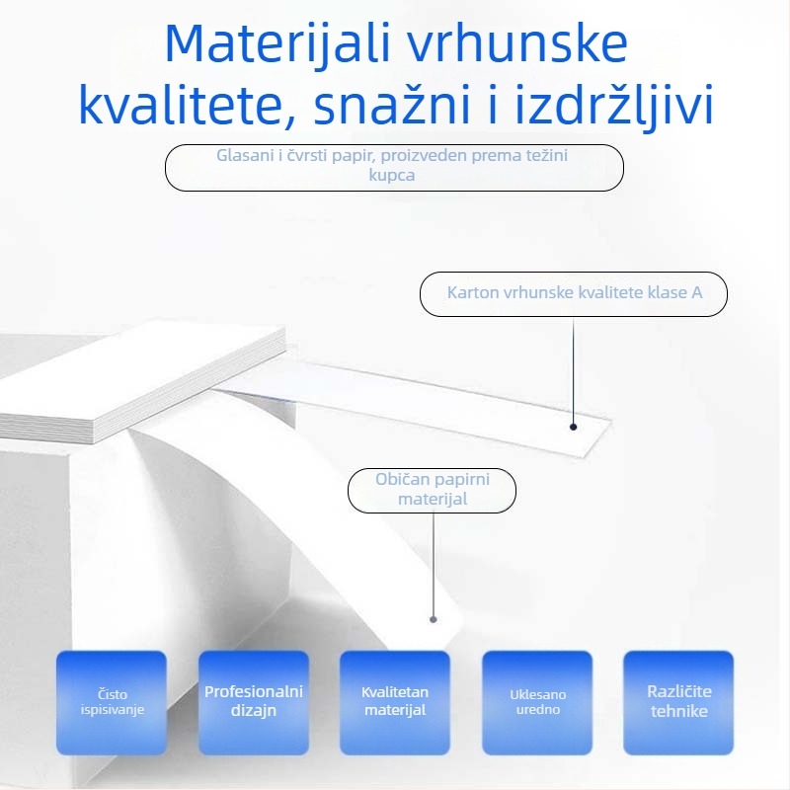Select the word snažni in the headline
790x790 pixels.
point(394,107)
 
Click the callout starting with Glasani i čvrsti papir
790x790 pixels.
point(394,166)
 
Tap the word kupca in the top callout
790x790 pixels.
point(393,176)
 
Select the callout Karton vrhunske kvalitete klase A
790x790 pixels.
point(574,293)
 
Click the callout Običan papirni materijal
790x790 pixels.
point(433,490)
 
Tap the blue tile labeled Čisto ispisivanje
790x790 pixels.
point(112,702)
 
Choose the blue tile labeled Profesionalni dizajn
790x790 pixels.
point(254,702)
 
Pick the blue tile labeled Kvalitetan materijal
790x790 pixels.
point(395,702)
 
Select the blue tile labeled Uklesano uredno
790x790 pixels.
point(537,702)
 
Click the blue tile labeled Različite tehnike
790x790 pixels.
point(678,702)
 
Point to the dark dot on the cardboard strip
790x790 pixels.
point(574,428)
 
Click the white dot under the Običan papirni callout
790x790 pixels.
point(433,619)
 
